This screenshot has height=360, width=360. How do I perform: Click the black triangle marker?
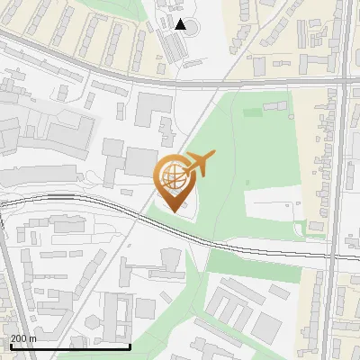pyautogui.click(x=181, y=24)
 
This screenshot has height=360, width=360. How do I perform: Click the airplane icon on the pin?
pyautogui.click(x=198, y=165)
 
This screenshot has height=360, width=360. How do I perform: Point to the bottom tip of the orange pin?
pyautogui.click(x=174, y=211)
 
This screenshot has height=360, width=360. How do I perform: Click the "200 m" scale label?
pyautogui.click(x=23, y=338)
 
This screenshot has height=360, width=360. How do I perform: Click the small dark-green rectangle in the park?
pyautogui.click(x=252, y=112)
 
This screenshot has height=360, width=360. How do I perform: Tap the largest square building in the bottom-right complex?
pyautogui.click(x=266, y=325)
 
